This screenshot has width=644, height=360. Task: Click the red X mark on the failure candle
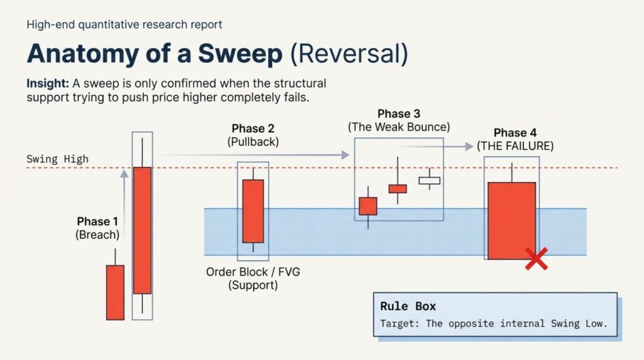(x=536, y=259)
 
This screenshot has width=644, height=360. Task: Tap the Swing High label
(x=57, y=159)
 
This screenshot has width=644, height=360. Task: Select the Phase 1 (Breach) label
(x=97, y=228)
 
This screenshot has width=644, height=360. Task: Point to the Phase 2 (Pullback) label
(x=253, y=135)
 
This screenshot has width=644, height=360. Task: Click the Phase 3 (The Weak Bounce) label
(x=399, y=120)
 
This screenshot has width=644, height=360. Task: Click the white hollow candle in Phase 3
(x=430, y=181)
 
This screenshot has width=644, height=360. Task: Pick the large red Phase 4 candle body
(x=511, y=220)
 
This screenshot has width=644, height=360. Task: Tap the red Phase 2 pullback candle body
(x=253, y=211)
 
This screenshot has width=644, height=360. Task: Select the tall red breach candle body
(x=143, y=230)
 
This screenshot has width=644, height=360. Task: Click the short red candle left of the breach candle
(x=115, y=292)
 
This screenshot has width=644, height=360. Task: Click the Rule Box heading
(x=408, y=307)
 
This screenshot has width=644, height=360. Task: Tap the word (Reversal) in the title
(x=348, y=54)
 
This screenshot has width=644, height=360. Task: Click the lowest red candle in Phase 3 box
(x=368, y=206)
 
